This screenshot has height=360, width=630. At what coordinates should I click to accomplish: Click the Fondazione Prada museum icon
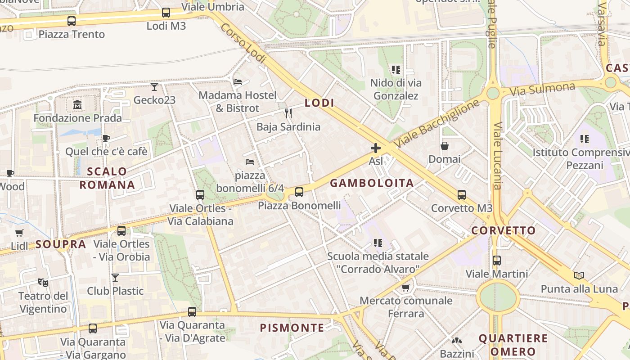77,105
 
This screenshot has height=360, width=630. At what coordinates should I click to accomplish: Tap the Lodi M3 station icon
166,13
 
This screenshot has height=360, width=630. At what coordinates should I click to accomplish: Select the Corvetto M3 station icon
461,195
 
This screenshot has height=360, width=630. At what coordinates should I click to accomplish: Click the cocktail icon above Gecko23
154,86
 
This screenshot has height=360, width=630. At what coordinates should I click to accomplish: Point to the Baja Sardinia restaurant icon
288,113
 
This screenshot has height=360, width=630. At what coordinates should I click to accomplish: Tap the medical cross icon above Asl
375,148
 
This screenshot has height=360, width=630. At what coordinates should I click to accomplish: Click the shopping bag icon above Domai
444,146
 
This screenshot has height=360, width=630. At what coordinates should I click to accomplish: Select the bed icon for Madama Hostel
238,82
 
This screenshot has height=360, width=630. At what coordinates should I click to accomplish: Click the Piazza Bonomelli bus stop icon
299,192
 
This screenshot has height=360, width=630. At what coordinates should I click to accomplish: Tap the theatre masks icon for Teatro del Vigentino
43,282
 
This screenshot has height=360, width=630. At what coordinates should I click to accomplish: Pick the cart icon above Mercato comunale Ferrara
405,288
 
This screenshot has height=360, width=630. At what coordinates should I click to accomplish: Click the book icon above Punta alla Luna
579,275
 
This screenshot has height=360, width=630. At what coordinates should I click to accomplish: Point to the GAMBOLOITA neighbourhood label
372,183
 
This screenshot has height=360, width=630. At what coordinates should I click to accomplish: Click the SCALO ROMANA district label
107,178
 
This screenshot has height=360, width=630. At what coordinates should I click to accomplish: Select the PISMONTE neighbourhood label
292,328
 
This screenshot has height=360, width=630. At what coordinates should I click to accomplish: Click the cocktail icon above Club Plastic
115,278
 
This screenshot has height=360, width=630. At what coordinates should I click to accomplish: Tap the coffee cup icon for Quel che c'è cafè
106,138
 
